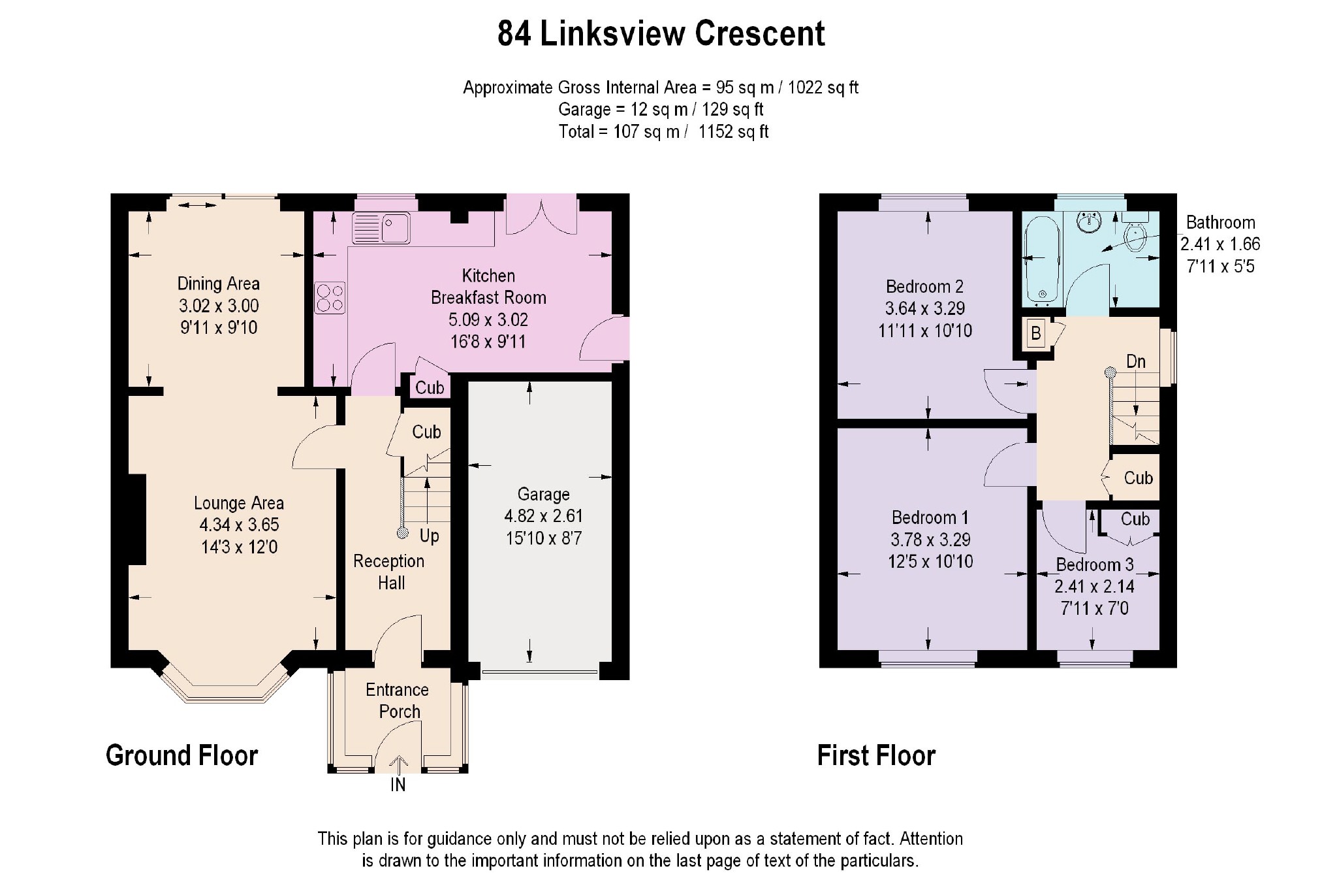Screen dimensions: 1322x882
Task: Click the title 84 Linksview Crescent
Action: click(661, 33)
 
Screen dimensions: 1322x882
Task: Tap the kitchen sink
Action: click(381, 228)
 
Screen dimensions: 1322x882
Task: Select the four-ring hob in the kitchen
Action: click(330, 298)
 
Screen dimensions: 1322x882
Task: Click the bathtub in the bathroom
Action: click(1043, 261)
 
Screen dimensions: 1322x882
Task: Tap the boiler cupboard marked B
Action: click(1035, 333)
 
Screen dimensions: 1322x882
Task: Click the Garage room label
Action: click(543, 495)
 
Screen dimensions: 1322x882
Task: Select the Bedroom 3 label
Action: click(1095, 564)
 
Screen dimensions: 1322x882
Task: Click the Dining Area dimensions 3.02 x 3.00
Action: click(219, 306)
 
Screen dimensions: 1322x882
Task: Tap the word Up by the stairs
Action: click(429, 536)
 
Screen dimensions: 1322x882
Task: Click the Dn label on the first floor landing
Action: click(1136, 361)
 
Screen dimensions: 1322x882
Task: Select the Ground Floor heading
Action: click(181, 755)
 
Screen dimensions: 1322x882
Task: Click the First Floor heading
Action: click(876, 755)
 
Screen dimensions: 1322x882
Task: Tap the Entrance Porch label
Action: click(398, 700)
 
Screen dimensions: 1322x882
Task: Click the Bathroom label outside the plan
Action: click(1220, 222)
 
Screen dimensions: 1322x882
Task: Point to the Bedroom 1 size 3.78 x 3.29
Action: click(930, 540)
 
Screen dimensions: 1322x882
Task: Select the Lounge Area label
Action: click(239, 503)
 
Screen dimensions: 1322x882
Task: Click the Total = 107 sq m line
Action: click(663, 132)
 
